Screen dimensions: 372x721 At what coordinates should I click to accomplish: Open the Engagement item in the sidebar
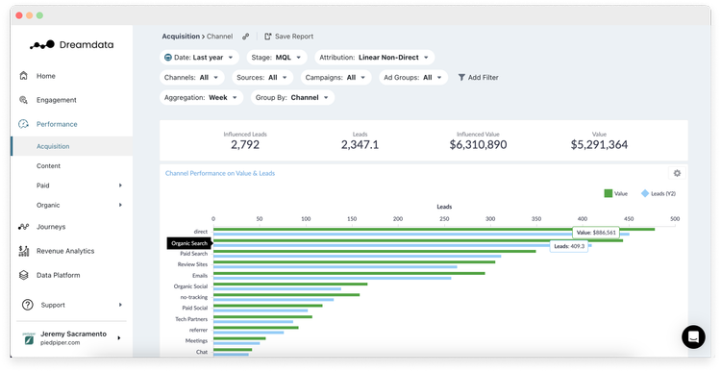56,100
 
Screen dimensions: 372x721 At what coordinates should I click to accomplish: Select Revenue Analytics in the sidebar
65,251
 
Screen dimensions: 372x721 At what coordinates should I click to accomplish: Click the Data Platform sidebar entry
58,275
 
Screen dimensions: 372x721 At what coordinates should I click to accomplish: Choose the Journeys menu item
51,227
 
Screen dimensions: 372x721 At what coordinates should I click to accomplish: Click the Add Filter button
478,78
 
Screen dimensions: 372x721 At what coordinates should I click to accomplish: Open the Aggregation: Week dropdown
203,97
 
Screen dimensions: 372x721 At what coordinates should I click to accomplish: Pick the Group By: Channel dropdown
292,97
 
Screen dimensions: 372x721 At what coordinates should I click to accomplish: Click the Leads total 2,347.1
360,144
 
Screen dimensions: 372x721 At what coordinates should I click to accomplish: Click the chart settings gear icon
677,173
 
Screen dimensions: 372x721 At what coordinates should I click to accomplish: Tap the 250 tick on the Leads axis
444,219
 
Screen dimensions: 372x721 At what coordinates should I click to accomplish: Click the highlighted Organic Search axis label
189,243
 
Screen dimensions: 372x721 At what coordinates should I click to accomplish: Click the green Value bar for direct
433,229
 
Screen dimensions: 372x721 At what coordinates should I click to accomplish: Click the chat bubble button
693,336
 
